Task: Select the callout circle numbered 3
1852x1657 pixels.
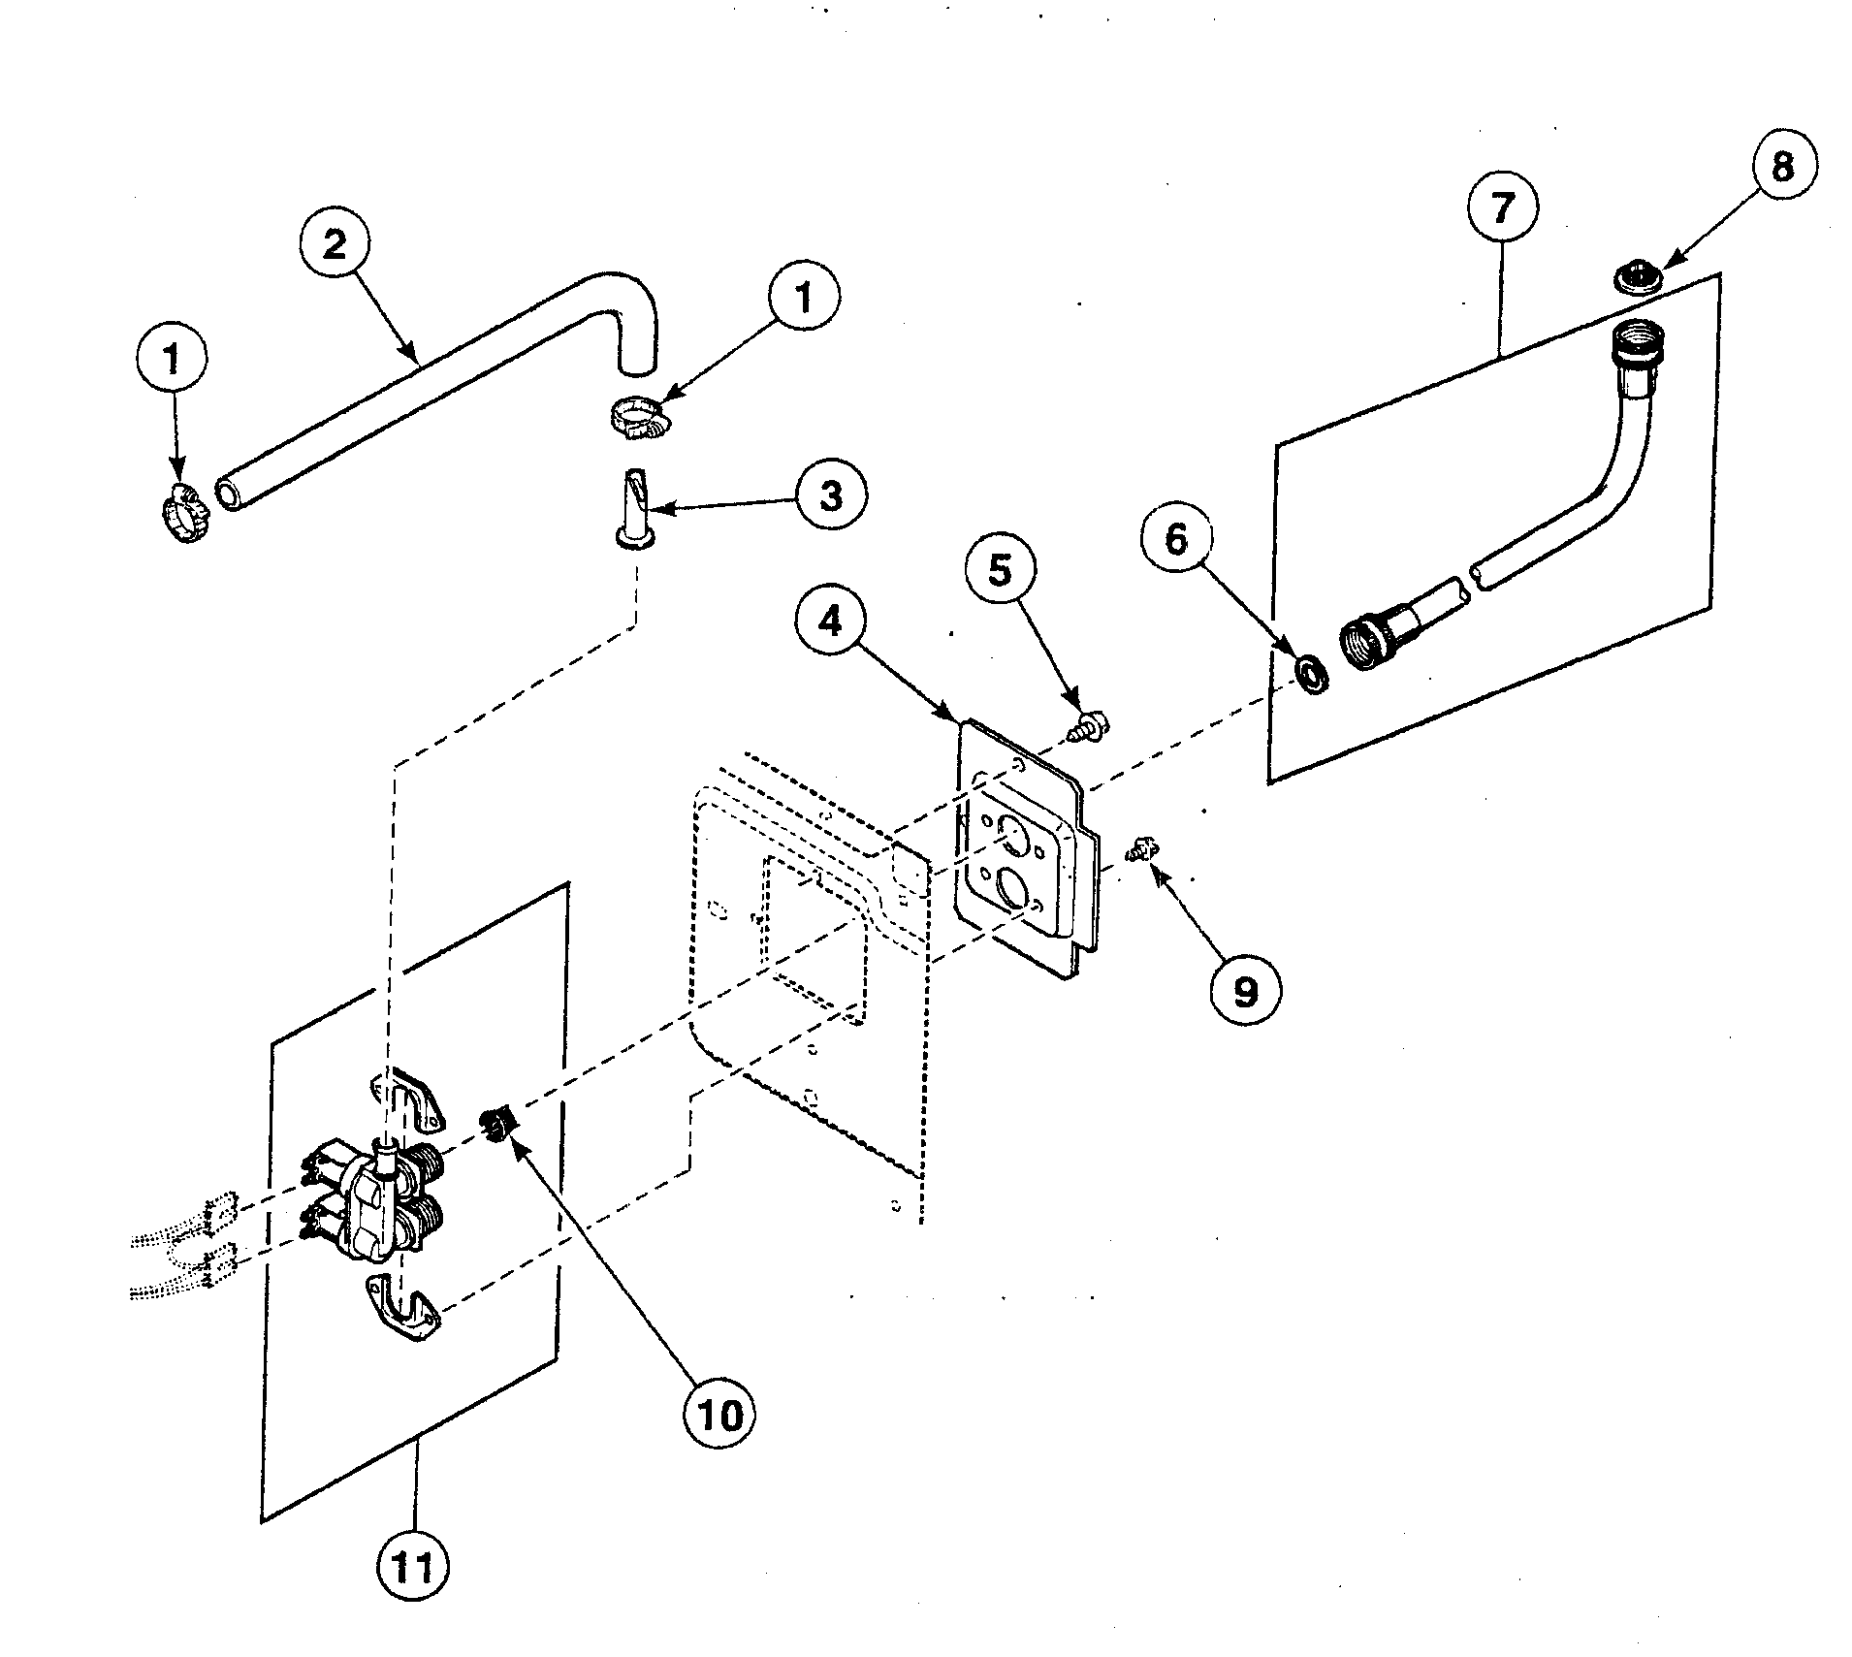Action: pyautogui.click(x=830, y=495)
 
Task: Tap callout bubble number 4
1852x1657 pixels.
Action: pyautogui.click(x=830, y=621)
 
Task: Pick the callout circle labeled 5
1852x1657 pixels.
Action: pyautogui.click(x=1000, y=570)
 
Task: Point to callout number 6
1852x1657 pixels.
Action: pyautogui.click(x=1176, y=539)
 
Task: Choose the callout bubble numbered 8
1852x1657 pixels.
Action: pyautogui.click(x=1782, y=167)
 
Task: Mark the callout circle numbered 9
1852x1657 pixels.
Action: pyautogui.click(x=1244, y=990)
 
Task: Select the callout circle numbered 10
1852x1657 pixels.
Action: pyautogui.click(x=719, y=1415)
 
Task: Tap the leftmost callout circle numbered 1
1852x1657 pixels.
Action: pyautogui.click(x=171, y=360)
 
